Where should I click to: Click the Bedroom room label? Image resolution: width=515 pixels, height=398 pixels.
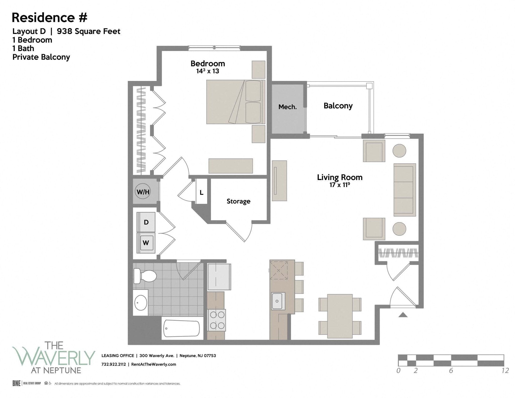pyautogui.click(x=207, y=64)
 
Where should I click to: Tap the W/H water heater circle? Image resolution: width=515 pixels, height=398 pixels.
pyautogui.click(x=143, y=192)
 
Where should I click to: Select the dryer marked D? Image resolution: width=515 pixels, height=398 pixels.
pyautogui.click(x=146, y=222)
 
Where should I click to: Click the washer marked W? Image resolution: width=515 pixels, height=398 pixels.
pyautogui.click(x=146, y=243)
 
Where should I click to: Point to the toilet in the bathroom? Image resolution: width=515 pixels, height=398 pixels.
pyautogui.click(x=145, y=276)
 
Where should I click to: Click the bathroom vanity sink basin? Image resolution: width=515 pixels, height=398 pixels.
pyautogui.click(x=141, y=302)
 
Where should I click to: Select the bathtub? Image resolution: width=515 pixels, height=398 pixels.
pyautogui.click(x=182, y=328)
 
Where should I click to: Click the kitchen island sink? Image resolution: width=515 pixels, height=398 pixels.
pyautogui.click(x=278, y=301)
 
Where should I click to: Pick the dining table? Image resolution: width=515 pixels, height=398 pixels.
pyautogui.click(x=340, y=316)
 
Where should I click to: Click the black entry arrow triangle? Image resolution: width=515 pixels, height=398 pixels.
pyautogui.click(x=403, y=315)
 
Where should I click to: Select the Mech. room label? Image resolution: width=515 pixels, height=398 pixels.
pyautogui.click(x=287, y=107)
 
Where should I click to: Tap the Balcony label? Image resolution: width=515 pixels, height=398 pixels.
pyautogui.click(x=338, y=106)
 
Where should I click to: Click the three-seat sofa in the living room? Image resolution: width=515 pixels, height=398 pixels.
pyautogui.click(x=404, y=190)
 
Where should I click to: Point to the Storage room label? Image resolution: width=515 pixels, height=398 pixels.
pyautogui.click(x=238, y=201)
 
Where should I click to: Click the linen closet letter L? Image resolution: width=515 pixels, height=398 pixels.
pyautogui.click(x=201, y=193)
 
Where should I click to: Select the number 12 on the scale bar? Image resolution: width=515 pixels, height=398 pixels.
pyautogui.click(x=505, y=371)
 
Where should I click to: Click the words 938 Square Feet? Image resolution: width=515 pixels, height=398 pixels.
pyautogui.click(x=89, y=31)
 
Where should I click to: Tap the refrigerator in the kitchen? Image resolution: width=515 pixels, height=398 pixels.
pyautogui.click(x=219, y=277)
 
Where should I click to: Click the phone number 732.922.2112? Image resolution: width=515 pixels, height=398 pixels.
pyautogui.click(x=113, y=364)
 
